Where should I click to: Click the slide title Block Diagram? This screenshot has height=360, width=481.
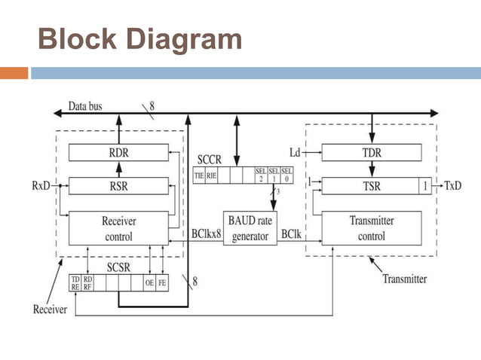[140, 39]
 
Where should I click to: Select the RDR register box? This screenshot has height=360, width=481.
[118, 153]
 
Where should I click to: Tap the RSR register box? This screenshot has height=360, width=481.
[118, 185]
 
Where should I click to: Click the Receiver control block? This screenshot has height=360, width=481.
[118, 228]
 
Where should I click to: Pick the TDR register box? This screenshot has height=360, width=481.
[371, 153]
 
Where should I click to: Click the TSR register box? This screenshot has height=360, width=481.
[370, 185]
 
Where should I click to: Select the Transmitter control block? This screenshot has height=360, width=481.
[371, 228]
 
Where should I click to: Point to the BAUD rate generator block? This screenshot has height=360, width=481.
[250, 228]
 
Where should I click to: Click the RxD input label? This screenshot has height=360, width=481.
[41, 185]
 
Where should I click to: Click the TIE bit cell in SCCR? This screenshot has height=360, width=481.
[199, 175]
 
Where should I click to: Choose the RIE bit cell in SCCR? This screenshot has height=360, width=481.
[212, 175]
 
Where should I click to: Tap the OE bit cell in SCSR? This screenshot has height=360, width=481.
[150, 283]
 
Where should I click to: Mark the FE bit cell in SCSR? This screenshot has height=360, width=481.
[163, 283]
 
